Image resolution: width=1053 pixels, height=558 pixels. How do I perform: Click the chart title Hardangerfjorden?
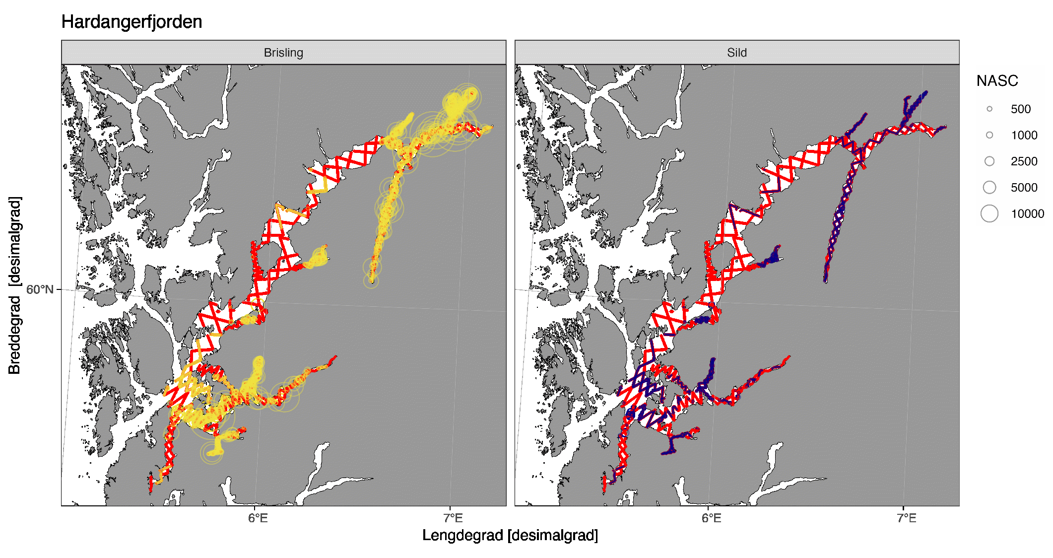point(132,22)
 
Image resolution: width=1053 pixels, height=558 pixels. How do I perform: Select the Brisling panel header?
point(283,53)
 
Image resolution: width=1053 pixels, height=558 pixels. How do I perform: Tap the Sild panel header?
point(737,53)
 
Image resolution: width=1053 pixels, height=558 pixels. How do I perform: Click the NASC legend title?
point(997,80)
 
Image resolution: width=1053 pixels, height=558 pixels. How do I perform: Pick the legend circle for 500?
point(989,109)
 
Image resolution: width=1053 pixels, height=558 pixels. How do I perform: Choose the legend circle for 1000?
point(989,135)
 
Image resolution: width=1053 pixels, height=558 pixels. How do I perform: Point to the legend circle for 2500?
point(989,161)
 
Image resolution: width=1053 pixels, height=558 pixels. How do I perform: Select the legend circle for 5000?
point(989,187)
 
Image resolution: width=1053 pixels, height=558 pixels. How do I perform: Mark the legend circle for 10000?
point(989,213)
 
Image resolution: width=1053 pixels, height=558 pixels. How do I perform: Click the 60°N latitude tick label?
point(40,289)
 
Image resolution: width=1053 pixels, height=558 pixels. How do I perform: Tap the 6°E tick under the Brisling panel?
point(258,518)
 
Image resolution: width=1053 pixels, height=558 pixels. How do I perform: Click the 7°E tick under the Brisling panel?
point(453,518)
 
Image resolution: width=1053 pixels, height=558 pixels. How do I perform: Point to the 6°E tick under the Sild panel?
point(712,518)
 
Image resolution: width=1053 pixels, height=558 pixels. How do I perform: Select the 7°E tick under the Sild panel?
point(907,518)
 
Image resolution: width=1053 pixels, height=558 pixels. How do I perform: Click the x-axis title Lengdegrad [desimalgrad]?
point(510,535)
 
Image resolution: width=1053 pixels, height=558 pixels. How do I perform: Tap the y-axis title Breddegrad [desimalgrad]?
point(15,285)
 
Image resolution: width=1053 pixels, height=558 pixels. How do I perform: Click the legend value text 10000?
point(1027,213)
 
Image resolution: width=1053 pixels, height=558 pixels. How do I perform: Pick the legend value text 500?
point(1021,109)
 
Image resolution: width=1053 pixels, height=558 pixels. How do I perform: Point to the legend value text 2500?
point(1024,161)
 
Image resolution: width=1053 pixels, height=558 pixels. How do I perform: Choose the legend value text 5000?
point(1024,187)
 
